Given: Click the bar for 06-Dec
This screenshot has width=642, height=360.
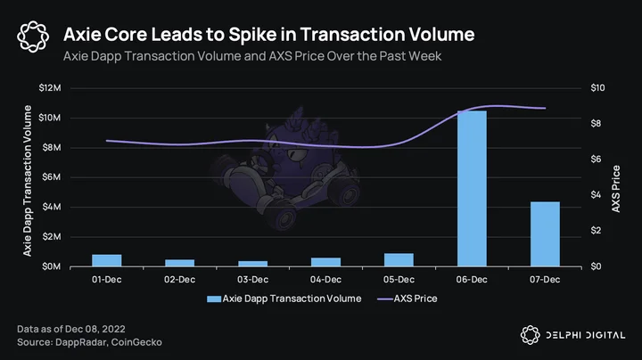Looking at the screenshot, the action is (x=472, y=189).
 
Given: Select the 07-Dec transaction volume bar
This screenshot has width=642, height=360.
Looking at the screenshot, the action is (x=545, y=234).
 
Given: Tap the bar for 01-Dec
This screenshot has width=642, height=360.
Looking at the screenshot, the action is (x=107, y=260).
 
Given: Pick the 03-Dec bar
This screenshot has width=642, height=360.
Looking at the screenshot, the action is (x=253, y=264).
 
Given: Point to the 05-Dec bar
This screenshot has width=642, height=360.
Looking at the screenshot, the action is (x=399, y=260).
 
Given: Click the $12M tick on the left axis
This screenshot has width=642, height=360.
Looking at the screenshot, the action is (x=50, y=88).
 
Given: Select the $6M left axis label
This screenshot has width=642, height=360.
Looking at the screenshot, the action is (x=52, y=177).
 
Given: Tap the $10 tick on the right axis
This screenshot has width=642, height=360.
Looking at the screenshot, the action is (x=597, y=88).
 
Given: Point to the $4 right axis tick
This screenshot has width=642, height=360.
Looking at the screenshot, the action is (x=596, y=195).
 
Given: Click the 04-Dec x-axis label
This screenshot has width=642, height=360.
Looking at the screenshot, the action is (x=326, y=280).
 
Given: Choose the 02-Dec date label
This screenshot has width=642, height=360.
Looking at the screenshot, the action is (x=180, y=280).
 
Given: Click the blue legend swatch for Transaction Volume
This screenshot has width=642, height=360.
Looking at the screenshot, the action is (x=214, y=299).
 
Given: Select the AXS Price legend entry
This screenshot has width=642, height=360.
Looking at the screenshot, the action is (x=407, y=299).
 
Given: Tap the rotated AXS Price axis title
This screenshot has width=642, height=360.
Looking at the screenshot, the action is (x=616, y=189).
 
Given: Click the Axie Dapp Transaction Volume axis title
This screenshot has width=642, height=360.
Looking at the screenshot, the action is (x=28, y=181).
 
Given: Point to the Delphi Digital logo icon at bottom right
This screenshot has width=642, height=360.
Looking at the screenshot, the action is (x=531, y=335).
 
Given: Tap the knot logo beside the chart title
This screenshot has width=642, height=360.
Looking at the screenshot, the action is (x=33, y=37).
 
